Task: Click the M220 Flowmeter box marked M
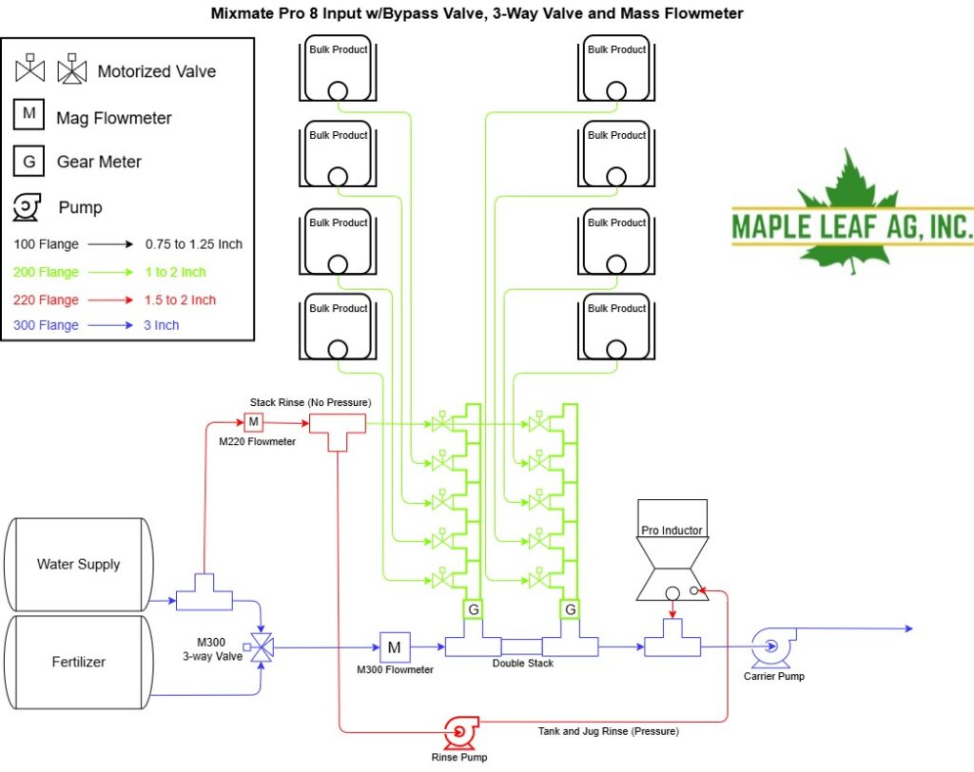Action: coord(253,422)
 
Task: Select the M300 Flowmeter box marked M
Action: coord(395,647)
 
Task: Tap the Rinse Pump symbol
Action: coord(460,733)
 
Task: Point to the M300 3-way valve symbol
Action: coord(261,647)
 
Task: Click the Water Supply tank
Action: coord(78,565)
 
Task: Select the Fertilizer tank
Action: coord(78,662)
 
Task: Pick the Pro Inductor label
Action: coord(672,531)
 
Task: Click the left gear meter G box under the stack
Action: coord(474,609)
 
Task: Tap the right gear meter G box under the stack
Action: coord(571,609)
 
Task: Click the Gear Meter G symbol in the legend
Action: coord(29,162)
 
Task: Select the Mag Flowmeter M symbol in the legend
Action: coord(29,114)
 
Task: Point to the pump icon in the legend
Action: coord(27,207)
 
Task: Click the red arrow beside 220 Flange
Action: coord(110,300)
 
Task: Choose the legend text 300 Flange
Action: coord(46,325)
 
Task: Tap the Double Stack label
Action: coord(522,664)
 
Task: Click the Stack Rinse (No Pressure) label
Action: coord(311,402)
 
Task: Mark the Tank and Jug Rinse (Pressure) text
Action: coord(608,731)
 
